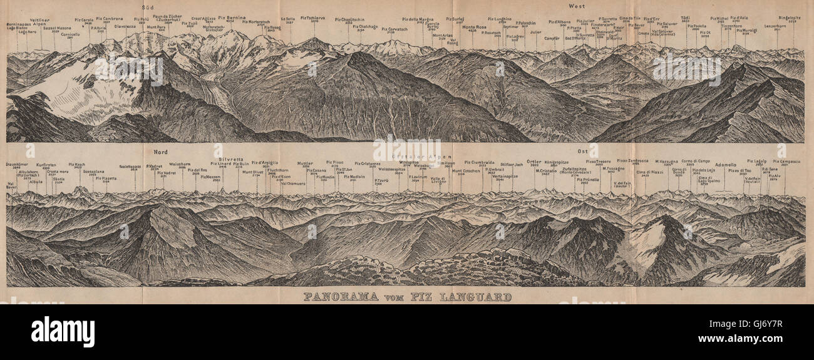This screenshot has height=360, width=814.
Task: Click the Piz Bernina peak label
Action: [x=232, y=18]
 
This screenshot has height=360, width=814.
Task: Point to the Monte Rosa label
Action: [x=475, y=27]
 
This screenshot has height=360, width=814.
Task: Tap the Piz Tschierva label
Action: [x=314, y=18]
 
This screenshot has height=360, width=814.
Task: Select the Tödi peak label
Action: [x=686, y=18]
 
